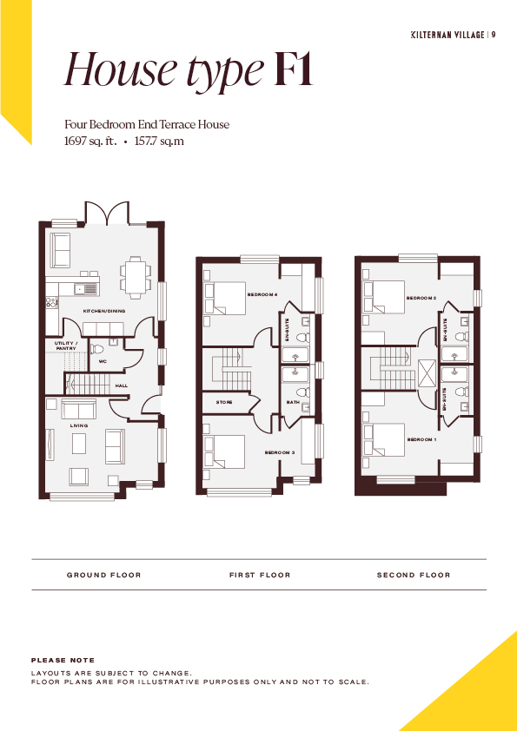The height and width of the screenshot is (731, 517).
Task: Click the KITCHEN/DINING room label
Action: pos(104,311)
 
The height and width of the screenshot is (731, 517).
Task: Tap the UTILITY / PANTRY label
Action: pos(66,346)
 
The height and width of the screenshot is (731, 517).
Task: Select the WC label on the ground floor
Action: pos(103,361)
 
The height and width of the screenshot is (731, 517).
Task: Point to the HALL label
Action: pos(122,386)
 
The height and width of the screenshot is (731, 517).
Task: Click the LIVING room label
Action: pos(79,425)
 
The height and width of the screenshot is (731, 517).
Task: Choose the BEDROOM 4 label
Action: pos(262,294)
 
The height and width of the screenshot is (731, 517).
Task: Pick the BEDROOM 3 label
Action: pos(280,452)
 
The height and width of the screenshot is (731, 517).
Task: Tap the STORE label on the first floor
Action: pos(224,402)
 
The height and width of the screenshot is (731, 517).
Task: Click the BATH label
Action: pos(293,402)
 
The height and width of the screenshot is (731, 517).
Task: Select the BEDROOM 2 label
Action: pos(421,298)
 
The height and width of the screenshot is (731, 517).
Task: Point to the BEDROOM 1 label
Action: pos(421,439)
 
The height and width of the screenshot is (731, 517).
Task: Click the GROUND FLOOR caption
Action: pos(104,576)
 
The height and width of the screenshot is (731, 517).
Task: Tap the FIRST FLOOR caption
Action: pos(260,576)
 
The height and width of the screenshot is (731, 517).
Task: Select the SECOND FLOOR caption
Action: pos(414,576)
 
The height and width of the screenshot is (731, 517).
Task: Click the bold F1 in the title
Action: pos(294,69)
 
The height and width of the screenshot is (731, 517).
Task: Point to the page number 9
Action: pos(494,35)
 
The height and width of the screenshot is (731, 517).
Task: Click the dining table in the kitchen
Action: pos(136,278)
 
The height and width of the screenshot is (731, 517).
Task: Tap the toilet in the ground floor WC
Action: pos(97,349)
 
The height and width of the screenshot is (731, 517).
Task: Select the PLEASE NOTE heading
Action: pos(63,660)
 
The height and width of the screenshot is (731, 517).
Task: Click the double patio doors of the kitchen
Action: pos(107,214)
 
